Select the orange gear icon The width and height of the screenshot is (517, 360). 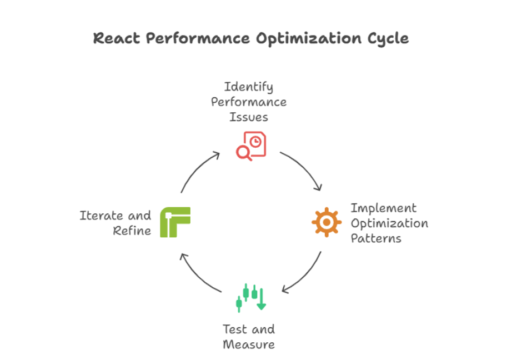(327, 222)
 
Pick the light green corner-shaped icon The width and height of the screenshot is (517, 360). (175, 222)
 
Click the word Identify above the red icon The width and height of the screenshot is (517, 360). (248, 87)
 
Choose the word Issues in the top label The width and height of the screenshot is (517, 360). (248, 117)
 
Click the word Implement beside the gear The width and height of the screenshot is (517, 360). (383, 208)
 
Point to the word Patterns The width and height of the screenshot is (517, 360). (376, 238)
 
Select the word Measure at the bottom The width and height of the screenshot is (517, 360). (249, 344)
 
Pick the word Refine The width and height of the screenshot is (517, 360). (132, 231)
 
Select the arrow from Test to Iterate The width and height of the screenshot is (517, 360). (198, 275)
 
